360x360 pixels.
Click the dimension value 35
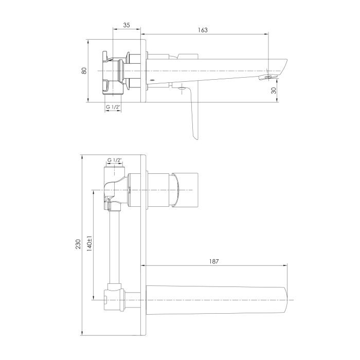127,25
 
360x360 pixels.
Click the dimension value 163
203,30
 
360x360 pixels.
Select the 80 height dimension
84,70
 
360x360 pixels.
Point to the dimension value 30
274,91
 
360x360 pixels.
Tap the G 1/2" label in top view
113,107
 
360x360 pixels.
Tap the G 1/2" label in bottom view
114,160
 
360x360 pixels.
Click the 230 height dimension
78,244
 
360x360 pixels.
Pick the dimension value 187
214,261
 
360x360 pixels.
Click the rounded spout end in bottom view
286,300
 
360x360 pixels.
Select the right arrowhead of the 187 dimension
285,266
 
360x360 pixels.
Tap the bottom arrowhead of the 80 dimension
88,100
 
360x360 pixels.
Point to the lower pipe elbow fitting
114,298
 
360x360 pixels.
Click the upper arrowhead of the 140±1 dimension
94,193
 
